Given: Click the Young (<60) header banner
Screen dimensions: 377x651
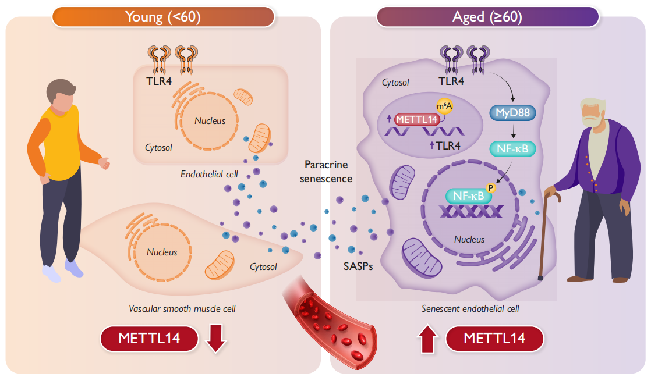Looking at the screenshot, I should pos(163,17).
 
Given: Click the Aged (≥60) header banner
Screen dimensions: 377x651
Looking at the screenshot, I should pos(487,17).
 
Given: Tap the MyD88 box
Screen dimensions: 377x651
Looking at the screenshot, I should pos(512,113).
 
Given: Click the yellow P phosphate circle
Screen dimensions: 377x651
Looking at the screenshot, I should pos(490,188).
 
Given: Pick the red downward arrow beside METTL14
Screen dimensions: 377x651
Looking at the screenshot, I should pos(215,339).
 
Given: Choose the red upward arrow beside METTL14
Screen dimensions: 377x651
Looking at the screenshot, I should pos(427,339).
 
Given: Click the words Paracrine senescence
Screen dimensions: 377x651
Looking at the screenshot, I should pos(325,172).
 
